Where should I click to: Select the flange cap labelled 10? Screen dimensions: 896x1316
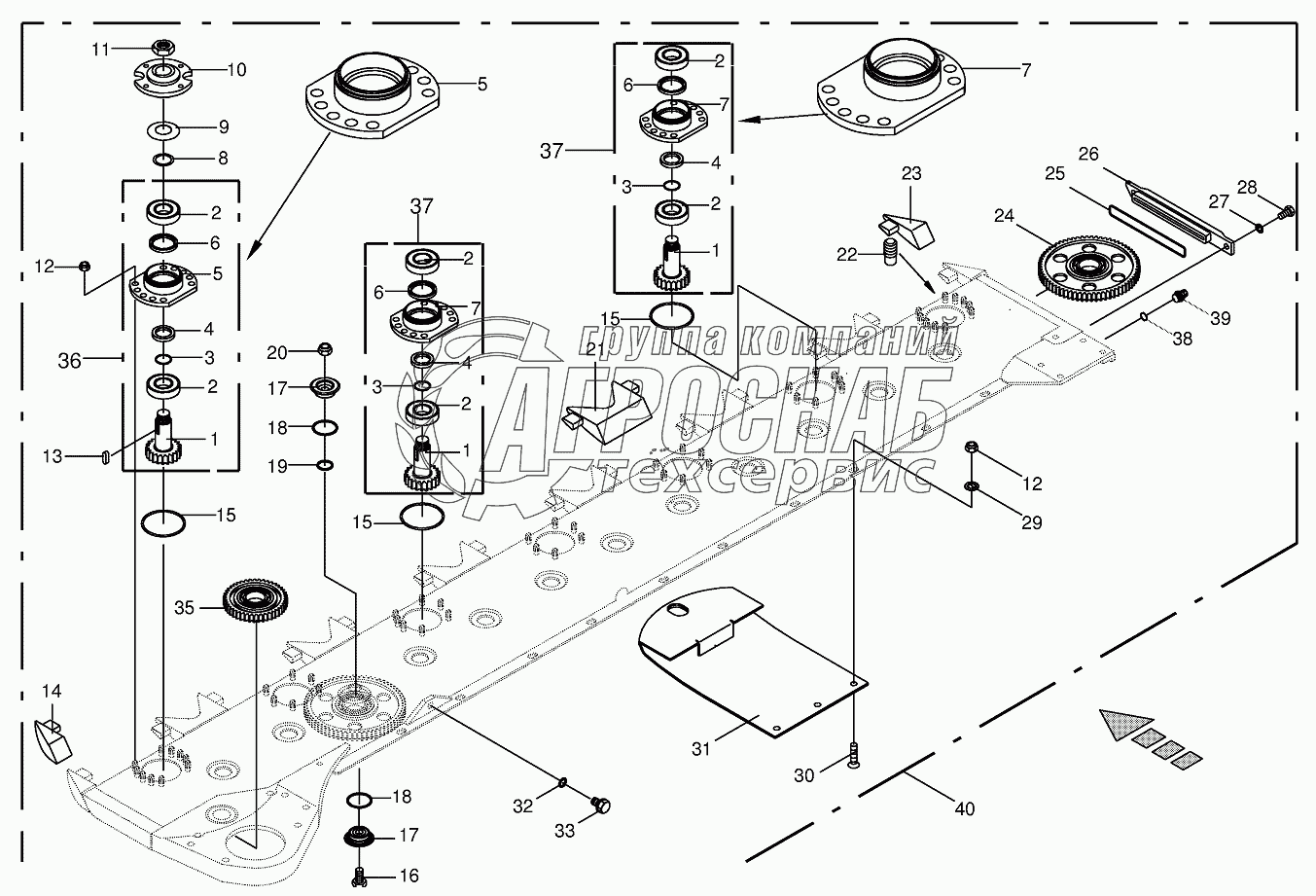(x=163, y=75)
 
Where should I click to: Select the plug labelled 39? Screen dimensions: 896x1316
(x=1179, y=295)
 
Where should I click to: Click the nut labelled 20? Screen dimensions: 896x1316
(x=325, y=350)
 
